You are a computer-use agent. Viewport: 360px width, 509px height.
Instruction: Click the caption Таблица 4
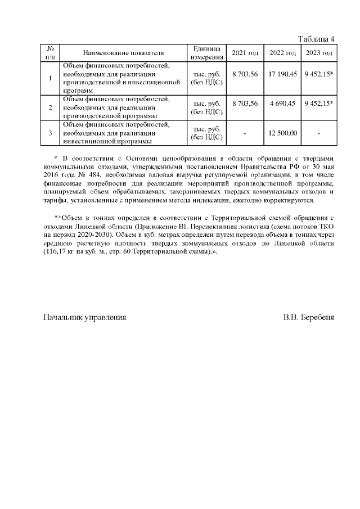click(x=316, y=39)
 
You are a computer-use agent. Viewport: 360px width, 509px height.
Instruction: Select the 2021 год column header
click(x=245, y=53)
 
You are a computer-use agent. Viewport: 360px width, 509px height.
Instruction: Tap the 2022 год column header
click(x=283, y=53)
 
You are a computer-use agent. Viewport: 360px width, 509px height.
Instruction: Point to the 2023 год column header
click(x=319, y=53)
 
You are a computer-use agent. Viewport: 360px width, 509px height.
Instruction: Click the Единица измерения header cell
click(x=207, y=53)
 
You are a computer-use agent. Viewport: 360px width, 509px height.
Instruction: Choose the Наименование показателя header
click(x=123, y=53)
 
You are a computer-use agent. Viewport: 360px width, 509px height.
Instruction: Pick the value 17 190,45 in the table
click(x=283, y=74)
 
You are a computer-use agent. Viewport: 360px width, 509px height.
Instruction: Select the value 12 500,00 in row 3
click(x=283, y=133)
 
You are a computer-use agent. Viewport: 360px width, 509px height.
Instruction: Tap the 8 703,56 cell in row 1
click(x=245, y=74)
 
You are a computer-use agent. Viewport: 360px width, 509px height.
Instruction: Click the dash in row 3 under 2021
click(x=245, y=133)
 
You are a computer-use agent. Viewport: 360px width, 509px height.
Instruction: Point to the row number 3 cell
click(x=51, y=133)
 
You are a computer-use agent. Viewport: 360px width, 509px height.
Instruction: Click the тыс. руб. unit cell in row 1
click(x=207, y=78)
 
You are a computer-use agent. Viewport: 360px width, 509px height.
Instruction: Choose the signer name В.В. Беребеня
click(x=308, y=317)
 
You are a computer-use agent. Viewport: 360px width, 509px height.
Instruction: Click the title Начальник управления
click(x=85, y=317)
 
